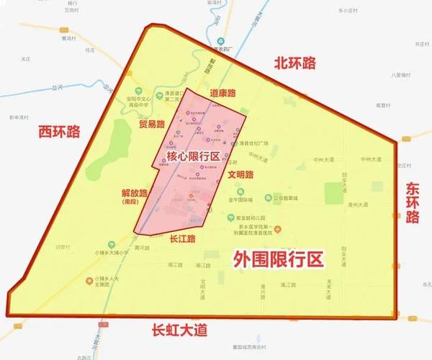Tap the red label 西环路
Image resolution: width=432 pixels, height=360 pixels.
coord(60,132)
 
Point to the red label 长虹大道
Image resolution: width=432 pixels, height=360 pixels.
coord(179,330)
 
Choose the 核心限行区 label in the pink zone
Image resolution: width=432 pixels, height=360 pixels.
coord(193,157)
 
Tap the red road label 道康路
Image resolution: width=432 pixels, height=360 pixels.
coord(223,94)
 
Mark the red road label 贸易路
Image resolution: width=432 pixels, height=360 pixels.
coord(153,125)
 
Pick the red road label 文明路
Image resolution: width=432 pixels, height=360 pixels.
coord(240,174)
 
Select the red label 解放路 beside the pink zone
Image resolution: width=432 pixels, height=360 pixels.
coord(135,193)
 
